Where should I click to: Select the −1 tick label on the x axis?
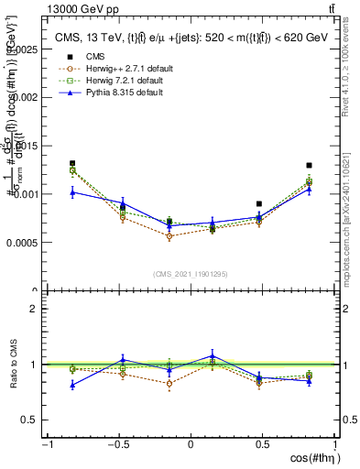[46, 445]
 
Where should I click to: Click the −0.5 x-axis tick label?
[116, 445]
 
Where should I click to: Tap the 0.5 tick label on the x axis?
[262, 445]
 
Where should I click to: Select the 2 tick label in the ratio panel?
[33, 309]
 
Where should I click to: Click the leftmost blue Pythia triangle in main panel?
[72, 191]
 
